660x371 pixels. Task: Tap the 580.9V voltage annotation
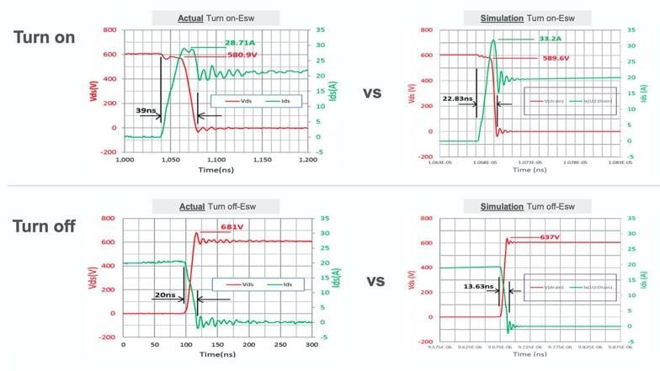(242, 56)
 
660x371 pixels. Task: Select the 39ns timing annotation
(145, 110)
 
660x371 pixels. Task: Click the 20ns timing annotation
(166, 295)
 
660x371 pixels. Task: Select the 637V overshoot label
(550, 237)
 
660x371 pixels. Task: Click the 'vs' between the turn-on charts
(373, 93)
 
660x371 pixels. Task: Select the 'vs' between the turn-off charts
(373, 281)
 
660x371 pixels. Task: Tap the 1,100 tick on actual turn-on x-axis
(216, 159)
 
